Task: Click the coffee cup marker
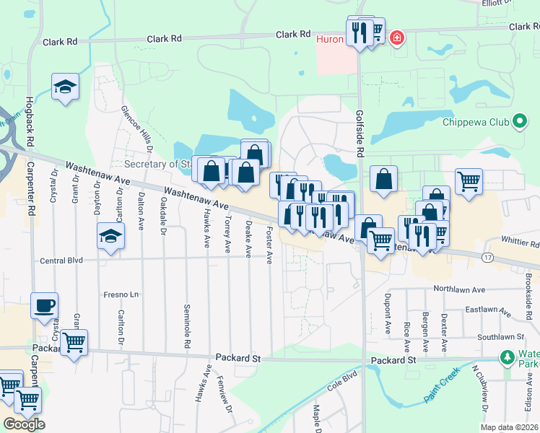44,305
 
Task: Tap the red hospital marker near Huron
396,38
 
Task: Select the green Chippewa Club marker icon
518,121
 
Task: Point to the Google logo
23,424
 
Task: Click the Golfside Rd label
360,134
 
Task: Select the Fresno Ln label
121,294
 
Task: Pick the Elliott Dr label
499,2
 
